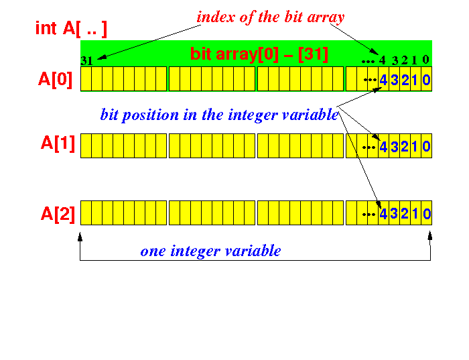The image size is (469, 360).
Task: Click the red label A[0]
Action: pos(56,80)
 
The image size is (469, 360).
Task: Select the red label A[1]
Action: pos(58,143)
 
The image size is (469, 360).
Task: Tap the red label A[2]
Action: pos(58,214)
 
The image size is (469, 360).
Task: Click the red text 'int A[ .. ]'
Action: pos(71,29)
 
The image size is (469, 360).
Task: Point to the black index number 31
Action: pos(86,61)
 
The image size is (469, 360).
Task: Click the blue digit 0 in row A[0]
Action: pos(426,80)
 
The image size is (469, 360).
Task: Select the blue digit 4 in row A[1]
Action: pos(383,147)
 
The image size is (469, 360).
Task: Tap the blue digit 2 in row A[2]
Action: pos(405,214)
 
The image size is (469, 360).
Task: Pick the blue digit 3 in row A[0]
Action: pos(394,80)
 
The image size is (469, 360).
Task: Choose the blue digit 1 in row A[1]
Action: pos(415,147)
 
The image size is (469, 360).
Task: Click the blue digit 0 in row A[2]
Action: pos(427,214)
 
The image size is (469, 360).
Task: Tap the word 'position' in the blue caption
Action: pos(151,115)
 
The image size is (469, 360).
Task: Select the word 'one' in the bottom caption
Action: pos(153,251)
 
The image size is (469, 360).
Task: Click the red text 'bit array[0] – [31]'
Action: pos(259,54)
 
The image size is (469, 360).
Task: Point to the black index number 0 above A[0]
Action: pos(425,60)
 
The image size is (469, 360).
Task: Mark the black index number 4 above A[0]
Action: pos(383,60)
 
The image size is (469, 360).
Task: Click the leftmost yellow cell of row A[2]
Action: pos(86,213)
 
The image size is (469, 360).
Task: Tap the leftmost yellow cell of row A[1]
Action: pos(86,145)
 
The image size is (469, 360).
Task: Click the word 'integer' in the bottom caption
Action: pos(194,251)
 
